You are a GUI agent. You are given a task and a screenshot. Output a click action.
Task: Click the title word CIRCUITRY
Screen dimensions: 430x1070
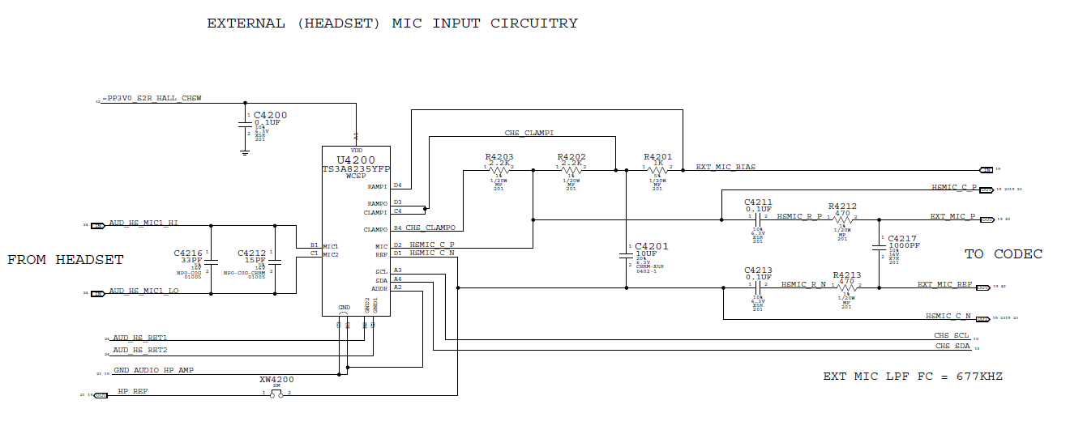pos(534,23)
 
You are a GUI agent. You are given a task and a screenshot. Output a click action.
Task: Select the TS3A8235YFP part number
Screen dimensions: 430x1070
pos(356,168)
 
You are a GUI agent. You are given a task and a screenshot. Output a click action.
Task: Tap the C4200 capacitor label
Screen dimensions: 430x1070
pos(270,115)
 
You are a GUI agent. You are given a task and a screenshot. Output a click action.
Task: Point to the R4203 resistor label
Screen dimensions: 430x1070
pos(499,157)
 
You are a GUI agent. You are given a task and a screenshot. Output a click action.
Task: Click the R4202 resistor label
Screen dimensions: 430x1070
pos(571,157)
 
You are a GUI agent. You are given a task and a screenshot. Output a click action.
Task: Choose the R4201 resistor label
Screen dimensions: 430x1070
pos(658,157)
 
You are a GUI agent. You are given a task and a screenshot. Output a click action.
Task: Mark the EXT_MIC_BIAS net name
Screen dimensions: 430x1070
pos(725,167)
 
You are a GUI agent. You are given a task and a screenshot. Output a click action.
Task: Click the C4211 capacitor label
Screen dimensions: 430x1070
pos(759,202)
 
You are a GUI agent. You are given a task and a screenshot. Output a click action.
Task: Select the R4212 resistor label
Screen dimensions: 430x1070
pos(842,206)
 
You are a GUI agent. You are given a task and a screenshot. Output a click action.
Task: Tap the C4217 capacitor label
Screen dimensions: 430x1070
pos(902,238)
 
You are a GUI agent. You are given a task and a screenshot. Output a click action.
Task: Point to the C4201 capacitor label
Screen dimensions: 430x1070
pos(653,245)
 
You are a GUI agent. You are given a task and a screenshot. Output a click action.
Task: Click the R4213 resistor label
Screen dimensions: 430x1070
pos(846,275)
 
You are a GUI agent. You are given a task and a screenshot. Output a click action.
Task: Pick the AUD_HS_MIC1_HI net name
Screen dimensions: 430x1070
pos(143,223)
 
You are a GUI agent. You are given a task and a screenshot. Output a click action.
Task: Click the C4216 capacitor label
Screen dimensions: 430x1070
pos(188,253)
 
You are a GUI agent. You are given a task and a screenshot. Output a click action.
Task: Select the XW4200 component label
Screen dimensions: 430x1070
pos(276,379)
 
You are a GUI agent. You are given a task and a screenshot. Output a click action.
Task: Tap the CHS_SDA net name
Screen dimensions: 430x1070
pos(952,346)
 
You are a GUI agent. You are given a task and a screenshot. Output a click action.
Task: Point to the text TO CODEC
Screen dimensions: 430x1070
pos(1003,254)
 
